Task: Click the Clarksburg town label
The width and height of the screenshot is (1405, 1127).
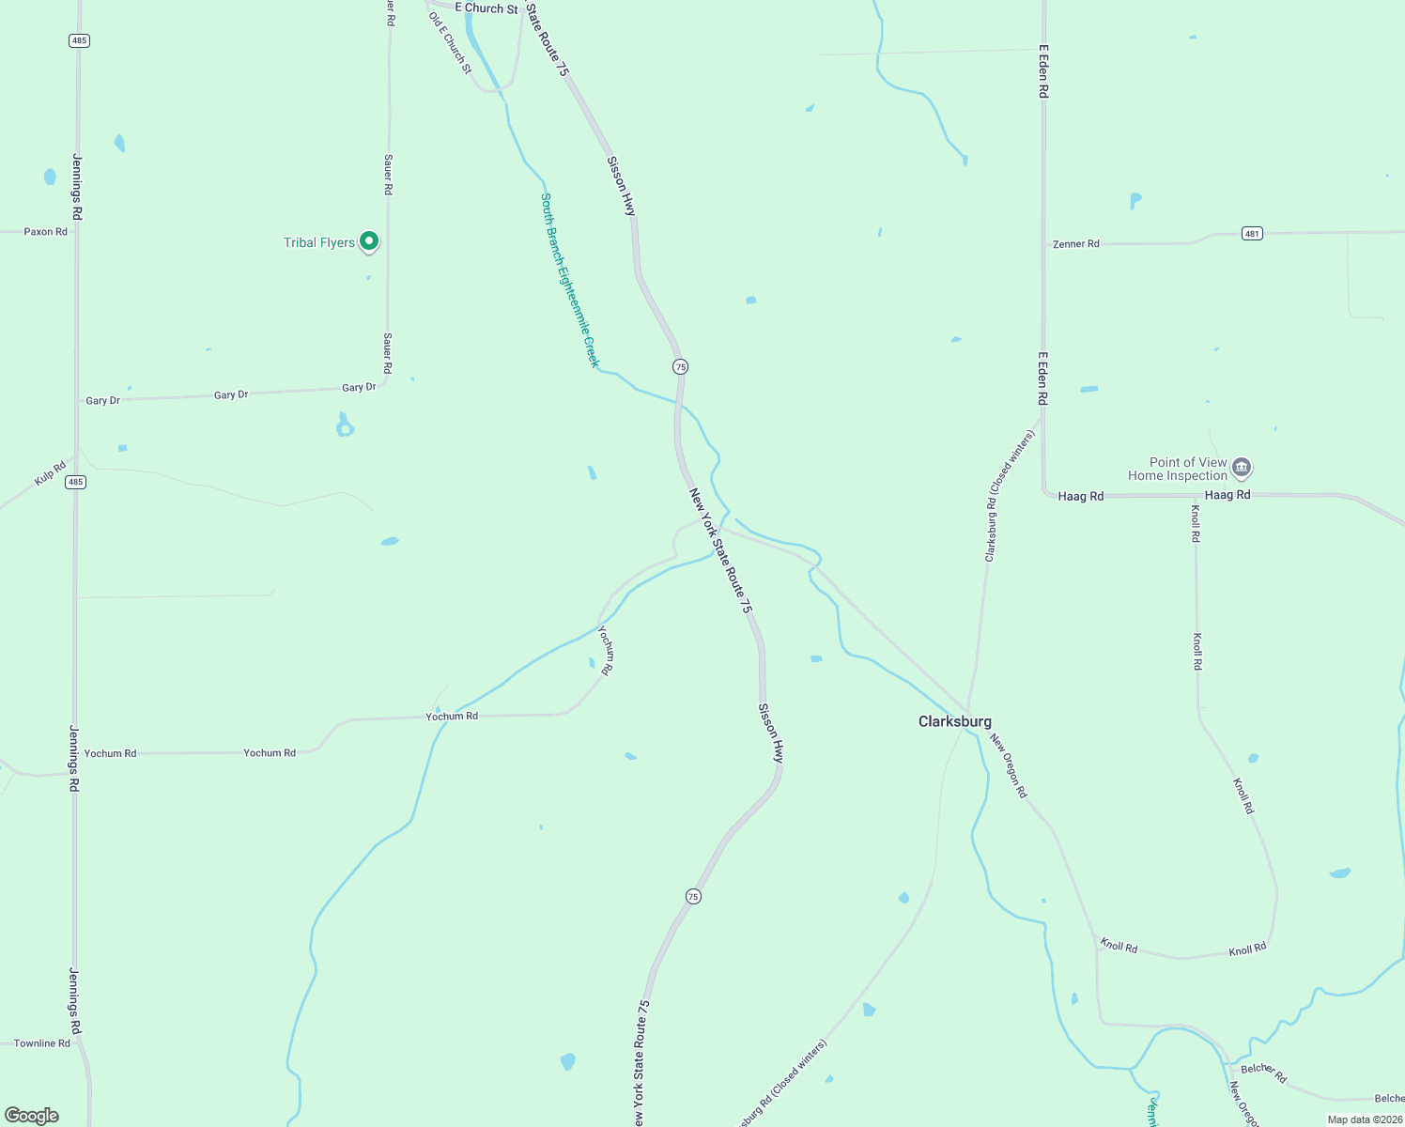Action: tap(954, 721)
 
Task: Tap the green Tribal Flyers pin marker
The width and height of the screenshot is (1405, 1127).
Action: tap(369, 241)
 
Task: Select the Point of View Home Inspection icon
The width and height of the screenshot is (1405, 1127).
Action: tap(1242, 467)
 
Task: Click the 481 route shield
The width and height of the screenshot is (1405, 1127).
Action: tap(1252, 233)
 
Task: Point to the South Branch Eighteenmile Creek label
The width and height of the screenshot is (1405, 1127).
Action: tap(569, 280)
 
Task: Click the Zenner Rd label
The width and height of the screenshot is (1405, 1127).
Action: tap(1075, 244)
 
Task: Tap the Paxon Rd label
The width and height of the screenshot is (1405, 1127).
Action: tap(45, 232)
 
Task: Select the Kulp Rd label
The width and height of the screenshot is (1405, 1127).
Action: tap(50, 473)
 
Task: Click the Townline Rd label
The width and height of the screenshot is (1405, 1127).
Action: tap(42, 1043)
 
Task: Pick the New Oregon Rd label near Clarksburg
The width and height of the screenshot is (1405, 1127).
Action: tap(1009, 766)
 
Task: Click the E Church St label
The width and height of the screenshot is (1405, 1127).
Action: tap(486, 8)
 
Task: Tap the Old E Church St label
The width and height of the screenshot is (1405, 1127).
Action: tap(450, 43)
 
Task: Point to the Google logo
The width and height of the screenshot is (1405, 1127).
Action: tap(32, 1116)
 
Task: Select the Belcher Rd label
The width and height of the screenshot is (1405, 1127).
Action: tap(1263, 1072)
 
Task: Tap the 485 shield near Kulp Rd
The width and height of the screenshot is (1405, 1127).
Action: tap(76, 482)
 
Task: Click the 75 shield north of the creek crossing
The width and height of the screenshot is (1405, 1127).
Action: tap(680, 366)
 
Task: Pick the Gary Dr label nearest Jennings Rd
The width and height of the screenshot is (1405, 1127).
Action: tap(102, 401)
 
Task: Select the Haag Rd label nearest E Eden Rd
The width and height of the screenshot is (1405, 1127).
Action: tap(1080, 496)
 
